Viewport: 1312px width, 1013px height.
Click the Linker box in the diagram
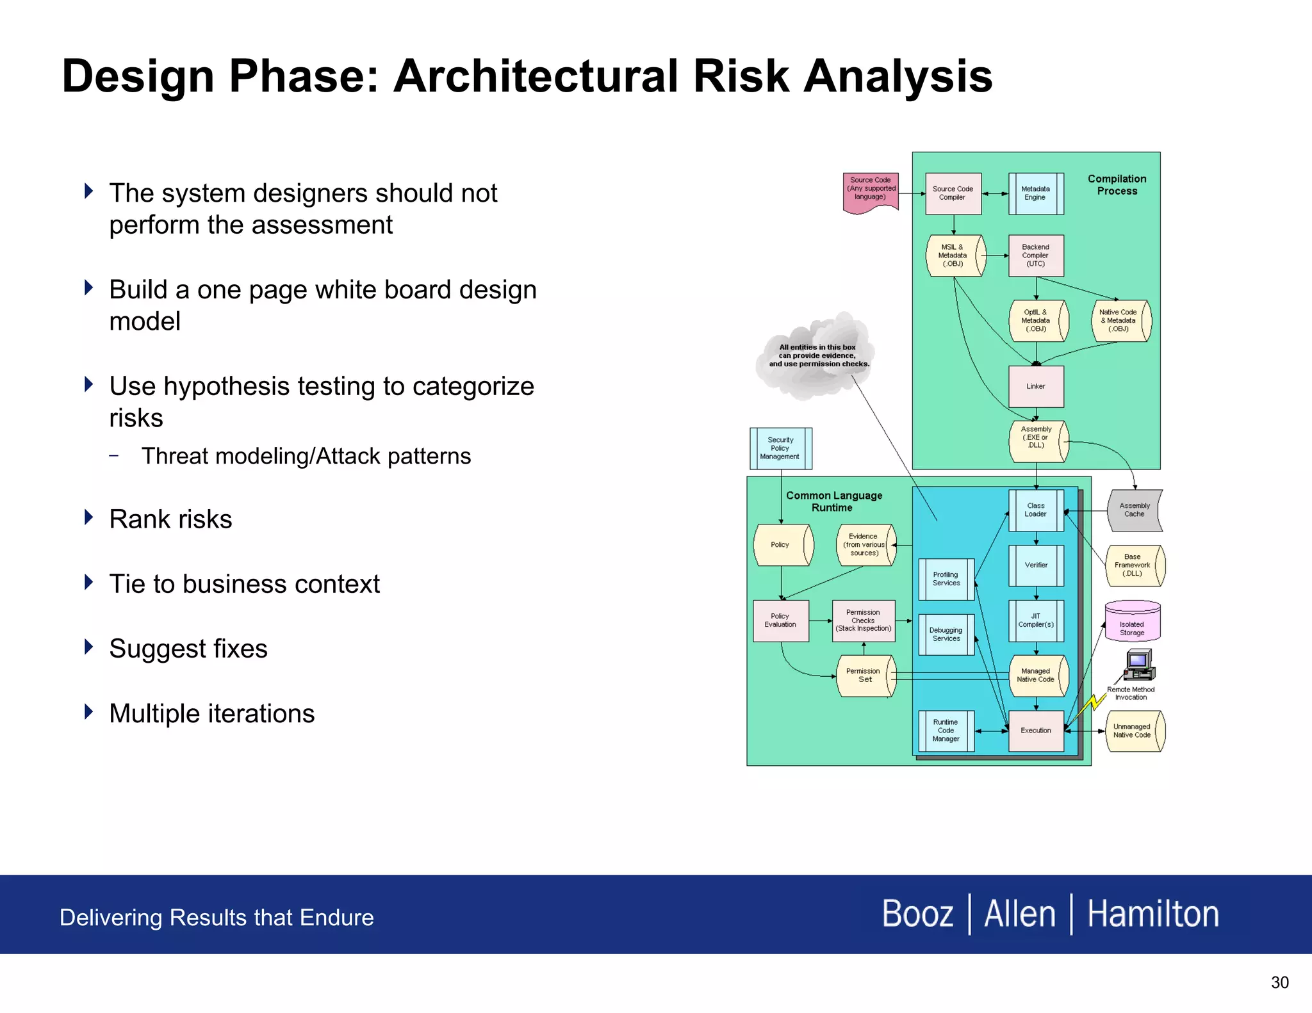click(1035, 386)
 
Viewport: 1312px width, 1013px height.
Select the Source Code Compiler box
click(953, 193)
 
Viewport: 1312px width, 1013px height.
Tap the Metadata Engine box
click(1035, 193)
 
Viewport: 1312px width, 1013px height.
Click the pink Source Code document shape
click(870, 191)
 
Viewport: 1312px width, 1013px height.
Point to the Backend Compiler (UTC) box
click(1035, 255)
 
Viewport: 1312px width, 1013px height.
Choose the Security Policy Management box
click(780, 448)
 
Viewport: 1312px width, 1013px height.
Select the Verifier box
click(1035, 565)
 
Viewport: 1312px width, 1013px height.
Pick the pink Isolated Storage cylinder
click(1132, 622)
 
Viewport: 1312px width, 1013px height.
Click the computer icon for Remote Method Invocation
click(1139, 665)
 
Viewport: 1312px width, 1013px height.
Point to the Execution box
click(1035, 731)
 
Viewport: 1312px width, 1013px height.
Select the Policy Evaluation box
click(780, 620)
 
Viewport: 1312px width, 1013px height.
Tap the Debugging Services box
click(946, 635)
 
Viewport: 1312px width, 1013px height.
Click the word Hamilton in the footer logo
click(1152, 914)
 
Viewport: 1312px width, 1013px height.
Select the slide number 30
click(1279, 982)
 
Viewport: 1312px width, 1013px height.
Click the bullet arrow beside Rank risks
click(89, 517)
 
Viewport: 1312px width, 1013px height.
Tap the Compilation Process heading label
click(1117, 185)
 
